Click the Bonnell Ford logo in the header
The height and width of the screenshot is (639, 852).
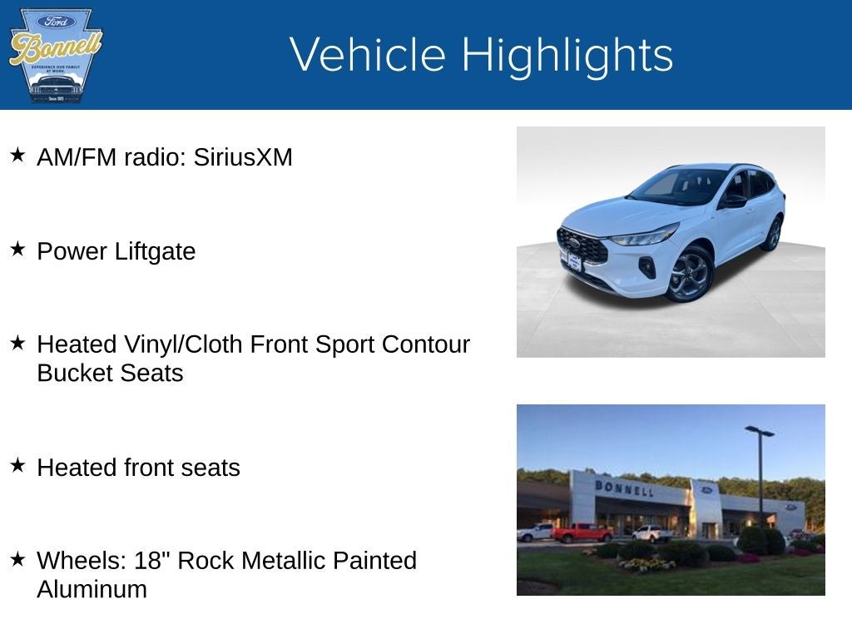tap(55, 55)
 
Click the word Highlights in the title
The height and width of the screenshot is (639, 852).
tap(567, 55)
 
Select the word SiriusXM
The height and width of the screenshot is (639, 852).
tap(243, 157)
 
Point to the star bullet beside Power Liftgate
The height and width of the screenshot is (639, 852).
tap(17, 250)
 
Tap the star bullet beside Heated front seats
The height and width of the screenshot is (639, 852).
tap(17, 466)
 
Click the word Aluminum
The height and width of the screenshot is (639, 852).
tap(92, 589)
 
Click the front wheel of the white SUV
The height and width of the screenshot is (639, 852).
tap(690, 274)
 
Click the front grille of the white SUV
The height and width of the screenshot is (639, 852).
tap(582, 246)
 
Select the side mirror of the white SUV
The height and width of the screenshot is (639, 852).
tap(733, 201)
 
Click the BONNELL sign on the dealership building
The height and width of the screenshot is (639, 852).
tap(623, 488)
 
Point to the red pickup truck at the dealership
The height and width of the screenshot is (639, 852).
tap(582, 532)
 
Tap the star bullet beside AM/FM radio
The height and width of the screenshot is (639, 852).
tap(17, 155)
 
